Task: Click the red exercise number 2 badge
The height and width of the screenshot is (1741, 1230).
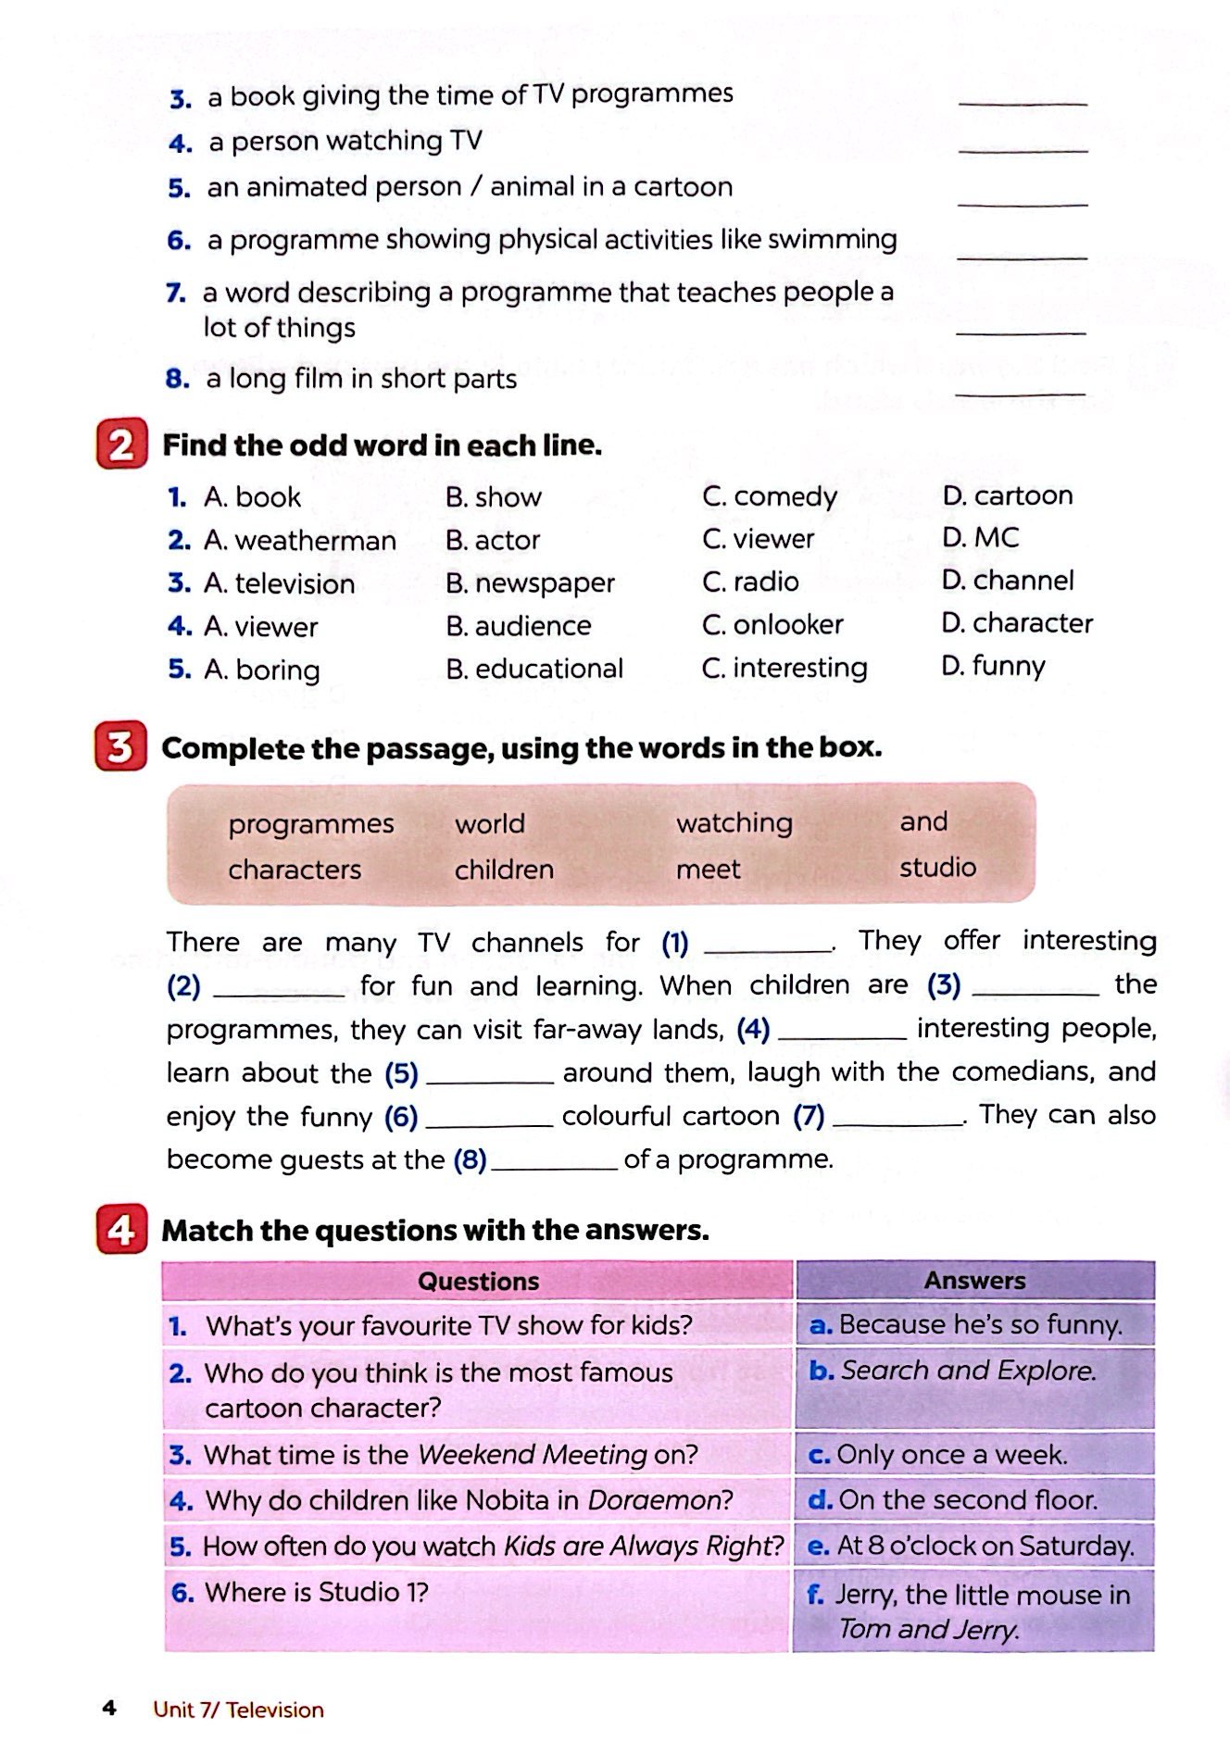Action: point(121,445)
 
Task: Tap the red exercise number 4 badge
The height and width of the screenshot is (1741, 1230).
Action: point(121,1230)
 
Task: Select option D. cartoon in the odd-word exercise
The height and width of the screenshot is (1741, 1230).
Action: point(1007,495)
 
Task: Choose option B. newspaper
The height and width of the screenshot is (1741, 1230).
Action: point(530,582)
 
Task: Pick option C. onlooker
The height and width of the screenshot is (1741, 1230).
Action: point(772,625)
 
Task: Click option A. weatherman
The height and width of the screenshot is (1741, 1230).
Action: point(300,540)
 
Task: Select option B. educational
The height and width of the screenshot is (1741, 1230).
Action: point(534,669)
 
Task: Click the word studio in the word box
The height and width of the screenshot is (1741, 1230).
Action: point(937,868)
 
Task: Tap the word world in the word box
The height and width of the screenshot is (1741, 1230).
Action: point(490,823)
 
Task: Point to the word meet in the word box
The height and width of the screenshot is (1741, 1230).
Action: point(709,870)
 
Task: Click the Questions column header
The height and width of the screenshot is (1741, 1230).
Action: point(478,1281)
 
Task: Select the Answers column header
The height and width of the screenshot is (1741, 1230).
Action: point(974,1280)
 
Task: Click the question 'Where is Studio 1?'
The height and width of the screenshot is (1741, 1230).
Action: point(316,1592)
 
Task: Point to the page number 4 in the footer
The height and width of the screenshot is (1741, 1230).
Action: point(109,1709)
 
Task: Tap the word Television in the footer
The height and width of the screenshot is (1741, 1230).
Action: point(274,1710)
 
